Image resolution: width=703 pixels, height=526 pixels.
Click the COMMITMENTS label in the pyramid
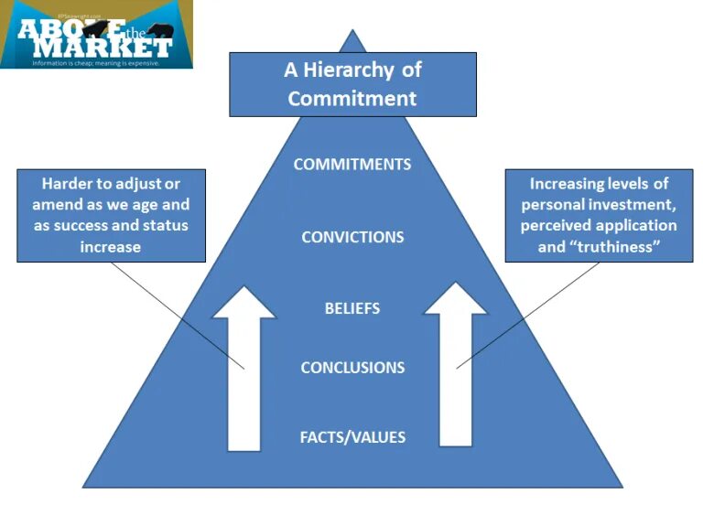pos(352,165)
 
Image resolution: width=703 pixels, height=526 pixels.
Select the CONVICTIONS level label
pos(352,237)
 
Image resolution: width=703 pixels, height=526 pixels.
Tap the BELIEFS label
pos(352,308)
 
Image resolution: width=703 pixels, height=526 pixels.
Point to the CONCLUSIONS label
pos(352,368)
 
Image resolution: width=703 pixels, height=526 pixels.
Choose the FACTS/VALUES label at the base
pos(352,437)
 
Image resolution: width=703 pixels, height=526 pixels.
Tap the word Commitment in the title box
pos(352,98)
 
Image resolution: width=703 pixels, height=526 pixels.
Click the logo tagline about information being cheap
pos(96,63)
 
